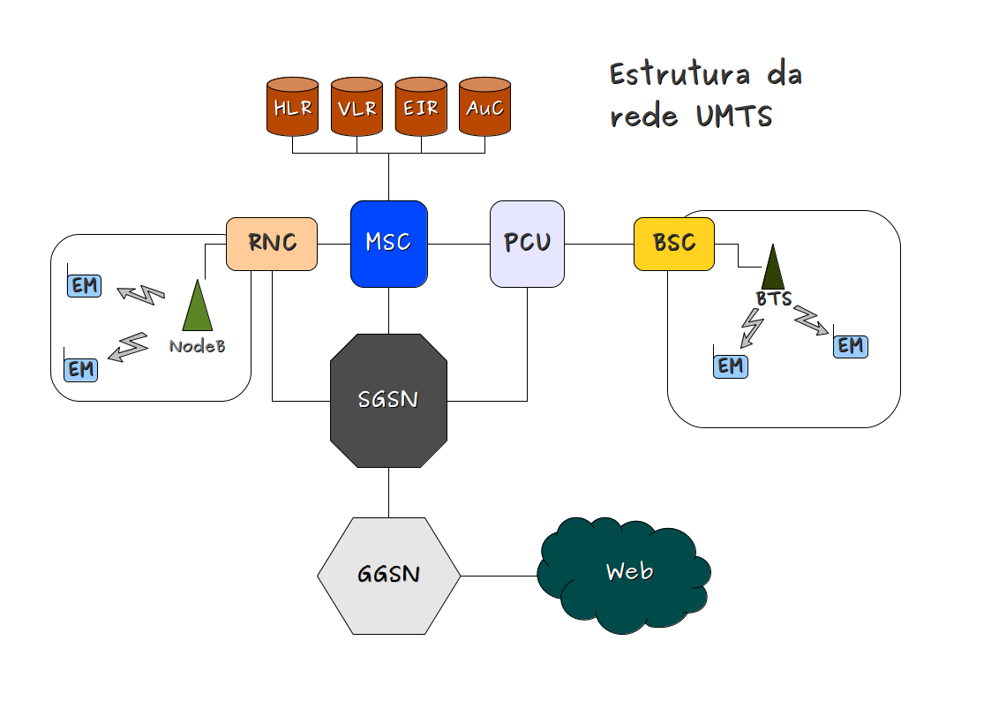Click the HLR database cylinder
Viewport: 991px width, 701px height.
coord(292,107)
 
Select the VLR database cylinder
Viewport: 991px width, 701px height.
coord(357,107)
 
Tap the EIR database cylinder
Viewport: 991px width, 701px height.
coord(421,107)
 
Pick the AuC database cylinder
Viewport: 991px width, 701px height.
coord(484,107)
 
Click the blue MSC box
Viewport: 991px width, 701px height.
coord(388,244)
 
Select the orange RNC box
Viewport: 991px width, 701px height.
coord(272,243)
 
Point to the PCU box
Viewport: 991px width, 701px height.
coord(527,244)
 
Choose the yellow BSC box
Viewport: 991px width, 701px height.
coord(674,243)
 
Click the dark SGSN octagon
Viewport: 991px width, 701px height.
coord(388,400)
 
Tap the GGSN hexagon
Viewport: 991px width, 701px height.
coord(388,575)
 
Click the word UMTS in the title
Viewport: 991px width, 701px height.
coord(732,117)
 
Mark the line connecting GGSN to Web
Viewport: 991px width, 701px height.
coord(499,576)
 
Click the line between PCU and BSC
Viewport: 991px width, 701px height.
coord(599,244)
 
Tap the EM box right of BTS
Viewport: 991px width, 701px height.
coord(851,346)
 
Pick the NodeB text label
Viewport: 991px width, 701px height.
coord(197,346)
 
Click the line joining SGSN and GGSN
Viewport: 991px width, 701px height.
coord(388,493)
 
